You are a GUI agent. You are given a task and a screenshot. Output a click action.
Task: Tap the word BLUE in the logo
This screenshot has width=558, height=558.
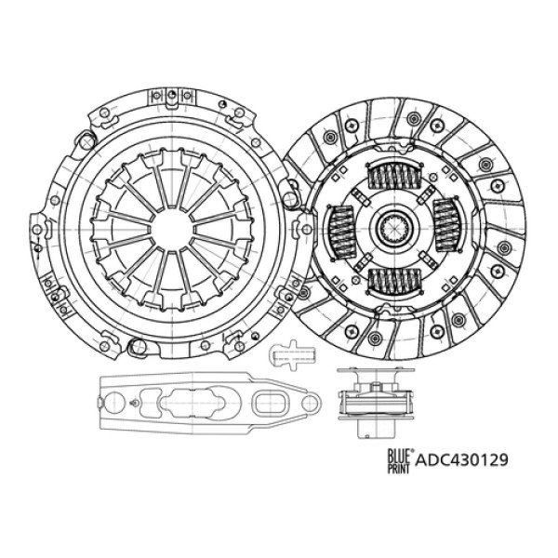tap(393, 452)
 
